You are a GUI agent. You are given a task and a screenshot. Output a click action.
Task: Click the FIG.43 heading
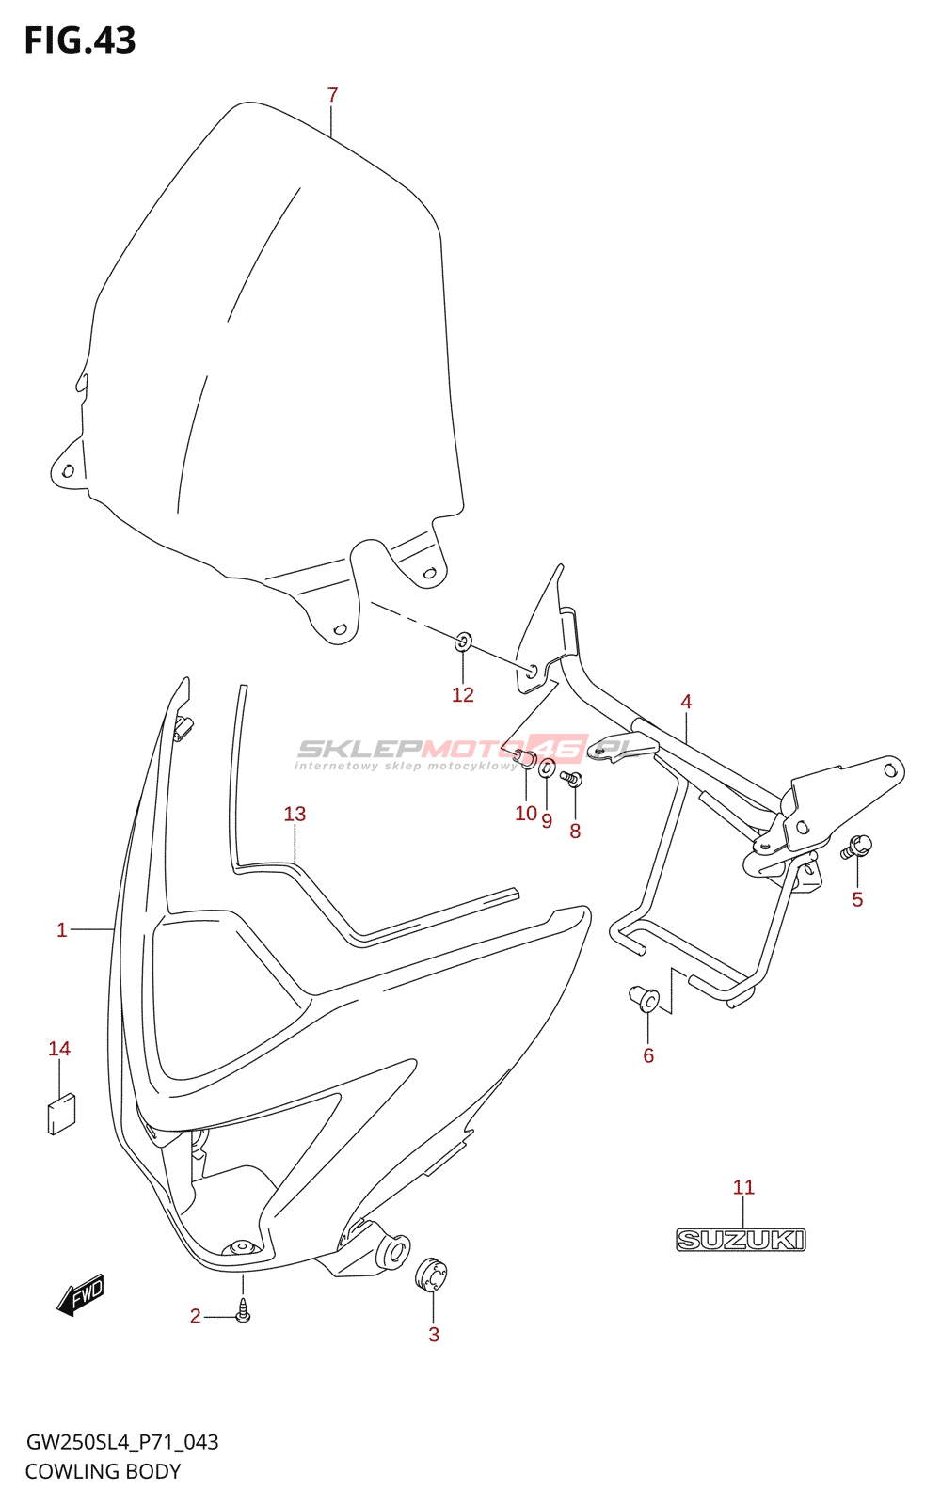[80, 40]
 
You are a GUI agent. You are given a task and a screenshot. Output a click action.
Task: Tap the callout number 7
[332, 95]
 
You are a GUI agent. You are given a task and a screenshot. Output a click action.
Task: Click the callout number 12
[463, 694]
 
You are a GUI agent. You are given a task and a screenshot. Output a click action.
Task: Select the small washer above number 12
[463, 642]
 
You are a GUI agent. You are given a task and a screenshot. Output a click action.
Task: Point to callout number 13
[295, 814]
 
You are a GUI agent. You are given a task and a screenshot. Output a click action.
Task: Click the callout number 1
[62, 929]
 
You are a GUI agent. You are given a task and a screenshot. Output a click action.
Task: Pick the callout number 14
[59, 1048]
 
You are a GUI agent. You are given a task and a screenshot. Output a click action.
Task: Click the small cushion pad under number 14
[62, 1113]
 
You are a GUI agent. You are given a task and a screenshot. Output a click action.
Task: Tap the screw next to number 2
[243, 1310]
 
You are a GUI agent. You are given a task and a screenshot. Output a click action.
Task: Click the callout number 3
[434, 1334]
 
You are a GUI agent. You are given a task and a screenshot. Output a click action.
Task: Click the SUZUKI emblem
[741, 1240]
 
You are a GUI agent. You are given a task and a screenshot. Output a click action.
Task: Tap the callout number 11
[743, 1187]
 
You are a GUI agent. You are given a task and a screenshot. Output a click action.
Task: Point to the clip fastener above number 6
[646, 999]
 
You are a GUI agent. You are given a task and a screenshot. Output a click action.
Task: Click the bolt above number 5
[858, 847]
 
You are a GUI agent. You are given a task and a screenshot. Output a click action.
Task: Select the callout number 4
[686, 702]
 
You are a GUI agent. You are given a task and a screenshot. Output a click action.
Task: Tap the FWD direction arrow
[81, 1294]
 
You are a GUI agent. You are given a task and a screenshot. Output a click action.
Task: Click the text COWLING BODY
[103, 1471]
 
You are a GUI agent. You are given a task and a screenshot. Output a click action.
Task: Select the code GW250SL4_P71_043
[121, 1442]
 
